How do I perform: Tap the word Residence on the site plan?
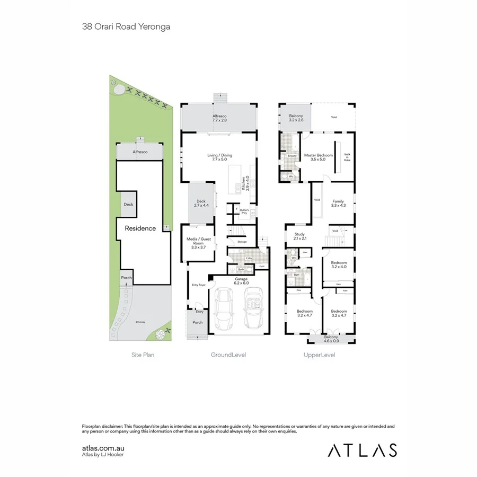(140, 228)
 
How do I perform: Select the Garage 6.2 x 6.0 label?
(242, 281)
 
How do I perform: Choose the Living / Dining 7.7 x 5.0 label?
(219, 157)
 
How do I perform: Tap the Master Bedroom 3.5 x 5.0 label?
(319, 157)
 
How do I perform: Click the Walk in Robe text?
(347, 157)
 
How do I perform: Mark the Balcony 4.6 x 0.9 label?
(331, 339)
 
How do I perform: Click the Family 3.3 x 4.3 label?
(338, 204)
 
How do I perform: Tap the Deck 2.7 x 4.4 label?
(201, 204)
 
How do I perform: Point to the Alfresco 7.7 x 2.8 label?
(219, 118)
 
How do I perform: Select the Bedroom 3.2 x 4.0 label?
(339, 265)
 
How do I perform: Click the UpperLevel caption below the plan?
(319, 355)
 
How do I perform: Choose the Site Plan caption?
(143, 355)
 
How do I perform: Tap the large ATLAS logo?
(362, 450)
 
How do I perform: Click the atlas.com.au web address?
(103, 448)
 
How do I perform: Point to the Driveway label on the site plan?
(140, 321)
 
